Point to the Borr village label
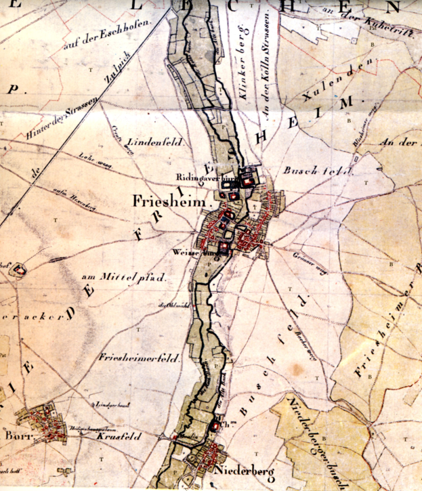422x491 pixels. click(x=15, y=437)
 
